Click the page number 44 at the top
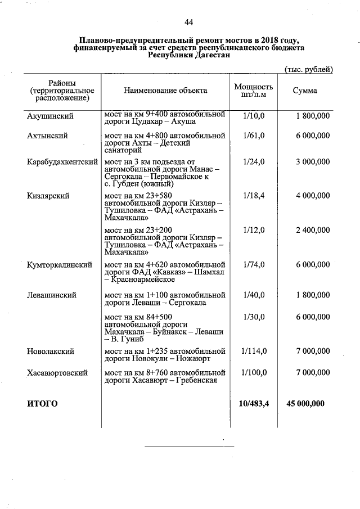(188, 22)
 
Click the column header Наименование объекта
(165, 90)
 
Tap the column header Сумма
(305, 91)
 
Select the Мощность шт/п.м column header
(253, 91)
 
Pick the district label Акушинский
(50, 116)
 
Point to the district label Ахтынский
(48, 136)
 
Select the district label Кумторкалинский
(60, 264)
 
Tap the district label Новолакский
(51, 352)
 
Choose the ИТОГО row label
(43, 403)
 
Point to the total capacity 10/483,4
(254, 403)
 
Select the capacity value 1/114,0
(254, 352)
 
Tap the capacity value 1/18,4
(254, 196)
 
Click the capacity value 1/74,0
(254, 264)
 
